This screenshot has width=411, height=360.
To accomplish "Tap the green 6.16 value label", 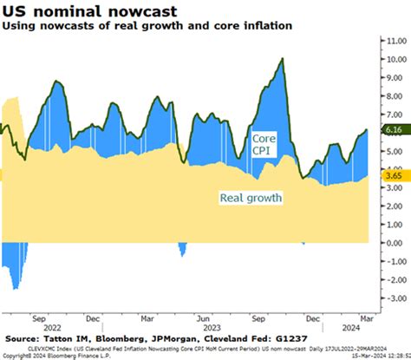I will [x=393, y=130].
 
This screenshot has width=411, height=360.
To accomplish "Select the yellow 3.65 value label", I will [x=393, y=174].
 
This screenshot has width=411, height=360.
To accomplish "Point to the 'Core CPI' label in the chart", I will [x=263, y=145].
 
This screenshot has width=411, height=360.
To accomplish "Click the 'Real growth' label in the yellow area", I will [x=251, y=198].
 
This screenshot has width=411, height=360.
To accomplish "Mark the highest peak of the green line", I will [x=282, y=58].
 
